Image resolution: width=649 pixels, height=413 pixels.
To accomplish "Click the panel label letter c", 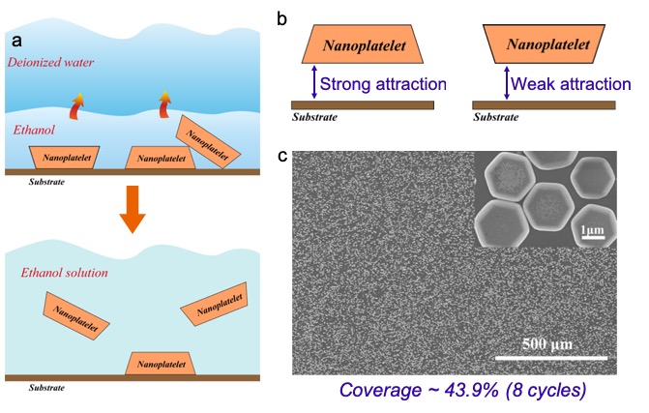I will (281, 154).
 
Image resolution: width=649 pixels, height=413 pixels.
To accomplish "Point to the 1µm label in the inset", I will (592, 231).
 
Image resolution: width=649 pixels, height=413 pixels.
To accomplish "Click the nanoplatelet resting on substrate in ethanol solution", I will (162, 363).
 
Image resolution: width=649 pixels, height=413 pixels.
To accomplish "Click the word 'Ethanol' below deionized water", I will (35, 129).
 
